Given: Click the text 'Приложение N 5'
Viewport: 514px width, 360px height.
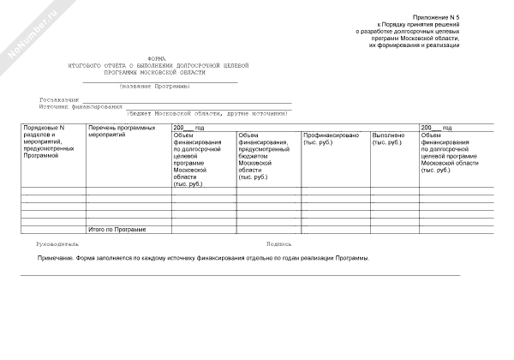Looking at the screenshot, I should click(x=437, y=16).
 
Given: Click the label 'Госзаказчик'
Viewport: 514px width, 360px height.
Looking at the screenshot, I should click(x=59, y=100).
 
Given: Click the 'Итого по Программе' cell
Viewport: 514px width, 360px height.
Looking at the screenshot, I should click(x=117, y=230).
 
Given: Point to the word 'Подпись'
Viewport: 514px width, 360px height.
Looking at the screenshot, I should click(x=279, y=244).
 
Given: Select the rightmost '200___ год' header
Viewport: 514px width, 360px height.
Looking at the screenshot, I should click(x=436, y=127).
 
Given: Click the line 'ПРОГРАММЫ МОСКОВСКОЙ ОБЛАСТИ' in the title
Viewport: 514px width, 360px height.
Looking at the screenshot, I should click(x=158, y=72).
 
